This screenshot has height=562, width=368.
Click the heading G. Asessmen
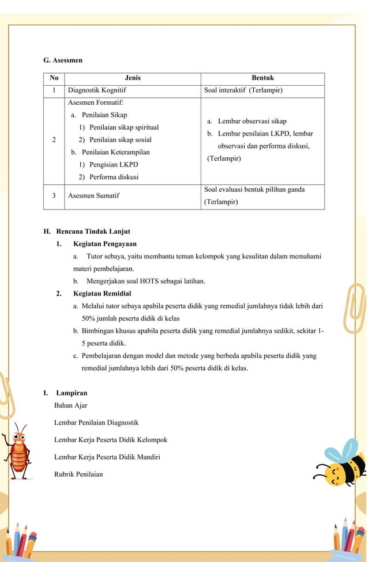(x=63, y=60)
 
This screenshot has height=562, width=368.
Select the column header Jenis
(x=133, y=78)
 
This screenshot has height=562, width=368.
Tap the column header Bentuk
(x=262, y=78)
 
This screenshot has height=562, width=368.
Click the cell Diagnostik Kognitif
(x=97, y=90)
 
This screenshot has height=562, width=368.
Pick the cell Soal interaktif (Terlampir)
(x=243, y=90)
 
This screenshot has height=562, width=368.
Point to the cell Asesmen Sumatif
(x=93, y=196)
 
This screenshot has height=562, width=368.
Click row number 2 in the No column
(x=54, y=140)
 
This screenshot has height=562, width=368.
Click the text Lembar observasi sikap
(x=252, y=121)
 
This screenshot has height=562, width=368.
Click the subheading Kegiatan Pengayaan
(x=104, y=244)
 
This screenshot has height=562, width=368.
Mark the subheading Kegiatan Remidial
(x=102, y=294)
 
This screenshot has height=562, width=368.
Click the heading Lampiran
(x=72, y=393)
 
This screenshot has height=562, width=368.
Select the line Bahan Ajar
(x=70, y=405)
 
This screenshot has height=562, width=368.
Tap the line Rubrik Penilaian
(x=78, y=474)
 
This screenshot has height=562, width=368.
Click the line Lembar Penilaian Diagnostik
(x=96, y=423)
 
